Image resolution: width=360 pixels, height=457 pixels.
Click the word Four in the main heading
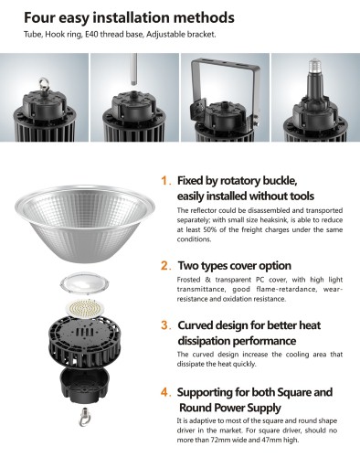coord(39,17)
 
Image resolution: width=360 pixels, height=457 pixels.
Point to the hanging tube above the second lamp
coord(134,69)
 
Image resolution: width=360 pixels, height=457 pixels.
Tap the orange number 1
coord(164,181)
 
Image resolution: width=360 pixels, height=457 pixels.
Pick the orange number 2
coord(165,266)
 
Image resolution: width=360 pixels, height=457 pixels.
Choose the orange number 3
coord(165,325)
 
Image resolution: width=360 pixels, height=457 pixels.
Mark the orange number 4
coord(165,392)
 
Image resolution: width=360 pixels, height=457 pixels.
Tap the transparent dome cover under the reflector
coord(85,284)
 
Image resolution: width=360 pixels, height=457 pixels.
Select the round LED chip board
coord(85,308)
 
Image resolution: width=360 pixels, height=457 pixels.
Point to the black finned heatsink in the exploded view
coord(85,342)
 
